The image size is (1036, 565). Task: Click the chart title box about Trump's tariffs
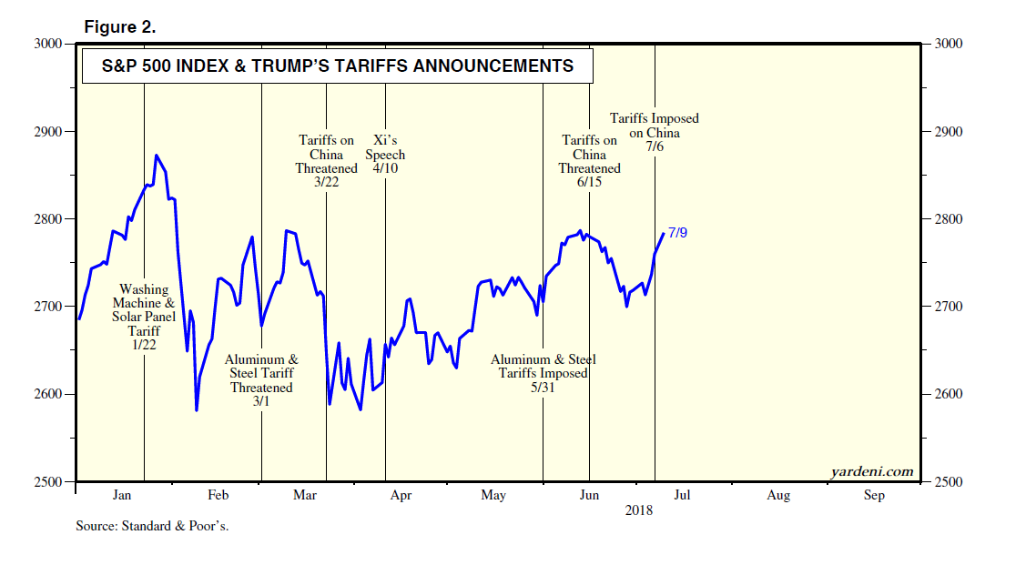point(338,66)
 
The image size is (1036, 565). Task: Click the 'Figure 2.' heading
point(119,27)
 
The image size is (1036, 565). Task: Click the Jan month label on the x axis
point(122,496)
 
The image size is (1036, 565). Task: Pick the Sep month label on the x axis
point(873,496)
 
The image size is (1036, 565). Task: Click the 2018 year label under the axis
point(639,510)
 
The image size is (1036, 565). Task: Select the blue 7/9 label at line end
point(677,233)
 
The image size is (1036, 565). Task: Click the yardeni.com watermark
point(871,471)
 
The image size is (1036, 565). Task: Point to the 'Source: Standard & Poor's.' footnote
point(152,527)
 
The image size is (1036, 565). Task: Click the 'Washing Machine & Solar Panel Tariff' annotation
point(144,317)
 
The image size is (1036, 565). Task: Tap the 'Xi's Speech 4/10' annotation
point(386,155)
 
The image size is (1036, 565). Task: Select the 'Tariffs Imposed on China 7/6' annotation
point(654,132)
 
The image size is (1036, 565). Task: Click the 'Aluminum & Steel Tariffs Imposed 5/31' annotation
point(543,373)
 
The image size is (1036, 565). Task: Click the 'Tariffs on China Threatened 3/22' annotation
point(326,162)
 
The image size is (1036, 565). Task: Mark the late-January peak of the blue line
point(157,156)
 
